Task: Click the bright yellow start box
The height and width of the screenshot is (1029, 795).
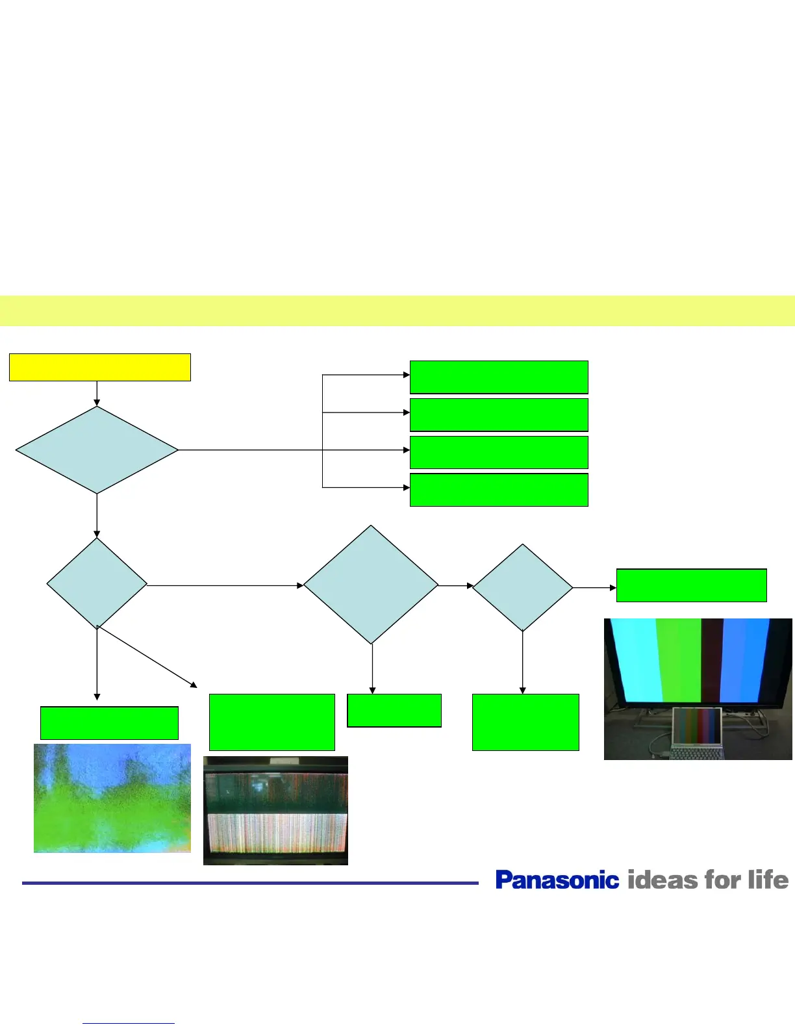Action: pos(99,367)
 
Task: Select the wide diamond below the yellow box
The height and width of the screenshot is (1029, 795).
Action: pos(97,450)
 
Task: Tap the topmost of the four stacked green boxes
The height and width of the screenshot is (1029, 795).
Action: pos(499,377)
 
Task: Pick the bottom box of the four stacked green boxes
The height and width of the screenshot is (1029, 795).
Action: pos(499,490)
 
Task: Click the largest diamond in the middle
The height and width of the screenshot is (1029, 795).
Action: pos(371,585)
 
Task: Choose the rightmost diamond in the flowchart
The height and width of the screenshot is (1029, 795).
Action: pos(522,587)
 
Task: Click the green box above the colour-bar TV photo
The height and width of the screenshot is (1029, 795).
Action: pos(691,585)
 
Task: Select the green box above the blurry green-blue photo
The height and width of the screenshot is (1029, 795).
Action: pos(109,723)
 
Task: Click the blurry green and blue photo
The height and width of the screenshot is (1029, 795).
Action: pos(112,798)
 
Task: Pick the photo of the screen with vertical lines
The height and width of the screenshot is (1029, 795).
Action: pos(275,810)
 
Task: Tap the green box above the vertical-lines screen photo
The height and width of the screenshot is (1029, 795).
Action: pos(271,722)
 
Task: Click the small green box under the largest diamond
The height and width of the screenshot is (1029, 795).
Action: pos(394,710)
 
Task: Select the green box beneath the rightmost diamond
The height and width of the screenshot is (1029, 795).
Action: pos(525,722)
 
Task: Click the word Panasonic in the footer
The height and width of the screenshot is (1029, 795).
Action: pos(557,880)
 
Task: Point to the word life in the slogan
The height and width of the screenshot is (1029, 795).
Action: pos(768,880)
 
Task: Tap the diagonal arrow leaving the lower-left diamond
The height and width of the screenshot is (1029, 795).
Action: pos(147,657)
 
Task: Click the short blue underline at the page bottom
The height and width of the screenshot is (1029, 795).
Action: pos(129,1024)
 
